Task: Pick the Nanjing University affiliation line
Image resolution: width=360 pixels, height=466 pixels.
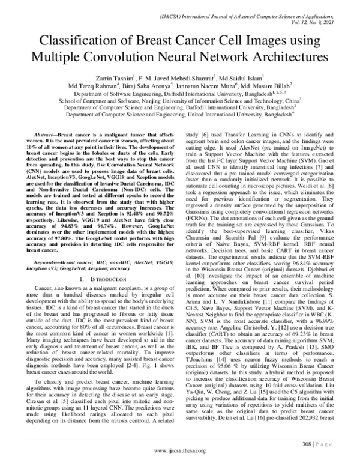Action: pos(180,101)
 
